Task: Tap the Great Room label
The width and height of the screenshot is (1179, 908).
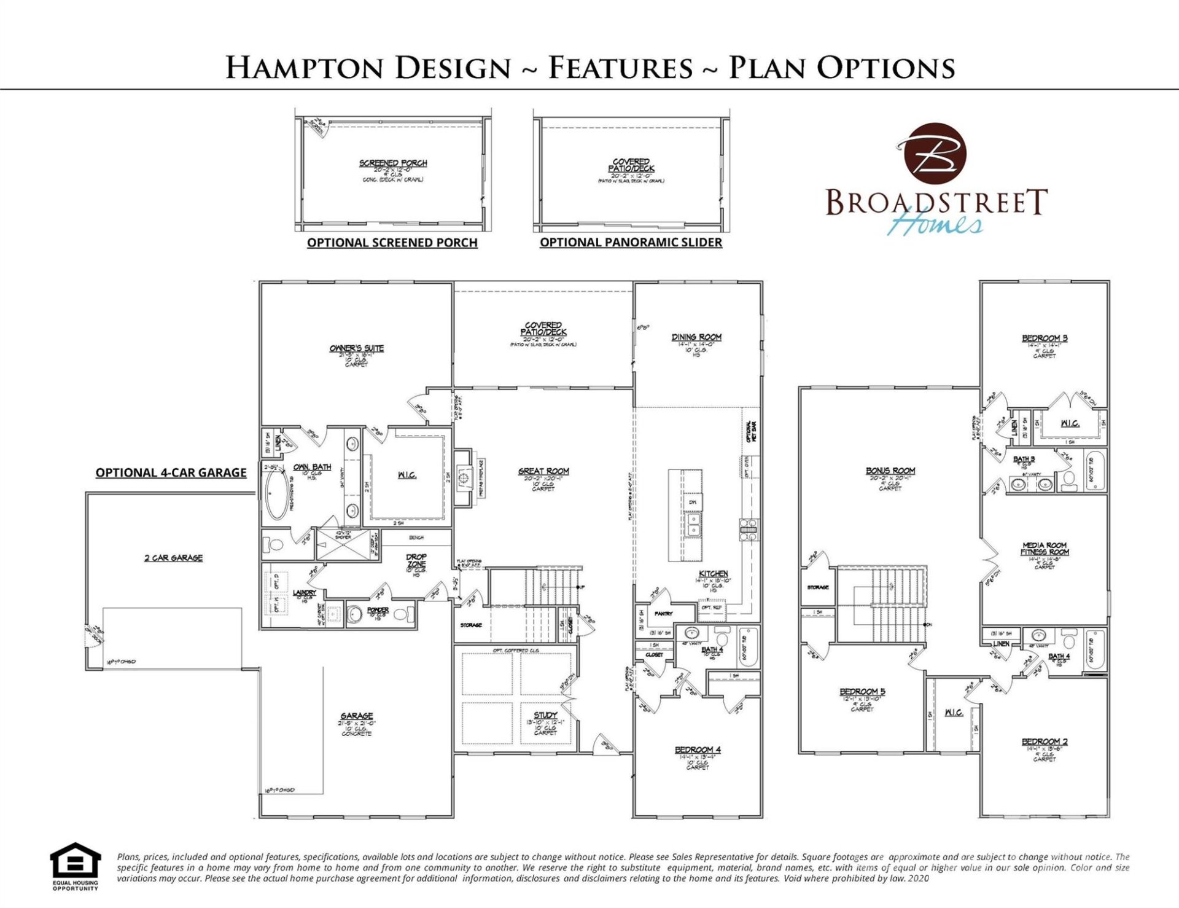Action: tap(543, 471)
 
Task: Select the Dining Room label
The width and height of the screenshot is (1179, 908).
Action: tap(696, 337)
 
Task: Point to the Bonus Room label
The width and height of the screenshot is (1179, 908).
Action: tap(890, 471)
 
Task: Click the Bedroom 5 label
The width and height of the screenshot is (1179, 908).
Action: tap(862, 692)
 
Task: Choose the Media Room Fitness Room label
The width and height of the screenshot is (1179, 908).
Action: tap(1045, 549)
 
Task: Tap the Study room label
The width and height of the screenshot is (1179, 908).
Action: tap(545, 715)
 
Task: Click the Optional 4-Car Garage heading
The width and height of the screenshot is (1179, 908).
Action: tap(171, 472)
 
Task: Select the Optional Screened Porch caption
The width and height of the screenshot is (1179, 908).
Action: tap(392, 243)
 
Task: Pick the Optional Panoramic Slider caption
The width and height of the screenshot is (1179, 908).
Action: tap(631, 242)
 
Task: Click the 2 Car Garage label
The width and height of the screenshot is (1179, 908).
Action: tap(173, 558)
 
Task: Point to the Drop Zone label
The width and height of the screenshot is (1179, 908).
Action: tap(416, 560)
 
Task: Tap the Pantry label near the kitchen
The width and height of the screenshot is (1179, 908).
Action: tap(663, 613)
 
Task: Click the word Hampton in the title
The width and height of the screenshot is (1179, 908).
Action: tap(306, 68)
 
